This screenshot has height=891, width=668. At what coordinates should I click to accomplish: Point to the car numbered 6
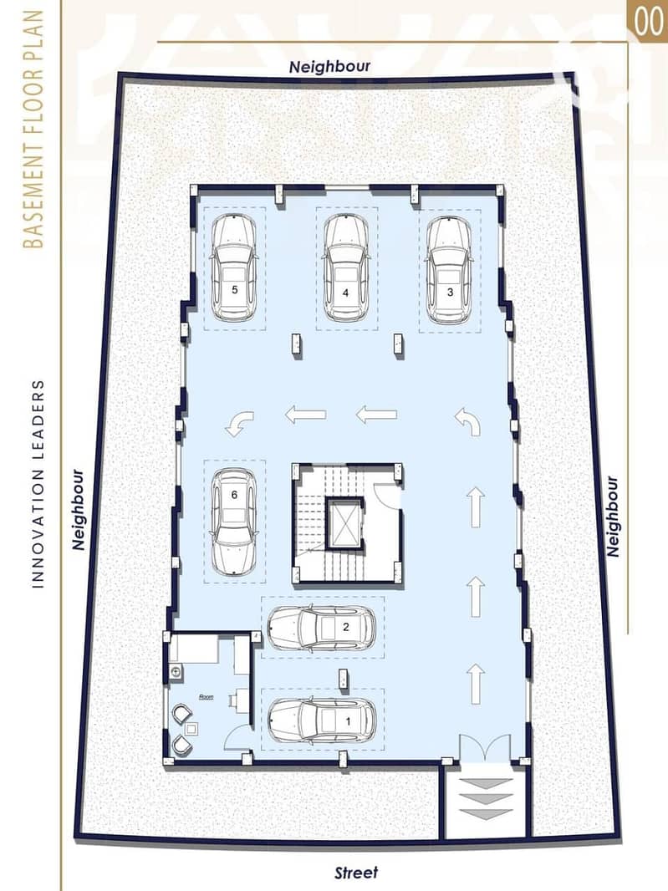(x=233, y=521)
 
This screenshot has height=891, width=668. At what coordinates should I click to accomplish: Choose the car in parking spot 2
(x=321, y=628)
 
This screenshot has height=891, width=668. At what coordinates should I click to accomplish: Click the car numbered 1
(x=321, y=720)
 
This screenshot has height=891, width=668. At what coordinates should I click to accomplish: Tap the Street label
(x=356, y=873)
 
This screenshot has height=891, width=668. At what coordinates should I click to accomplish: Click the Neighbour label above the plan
(x=329, y=67)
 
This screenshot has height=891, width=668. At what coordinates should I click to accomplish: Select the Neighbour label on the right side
(x=612, y=517)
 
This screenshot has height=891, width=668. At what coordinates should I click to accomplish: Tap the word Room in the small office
(x=206, y=696)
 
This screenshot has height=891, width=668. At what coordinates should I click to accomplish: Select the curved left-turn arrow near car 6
(x=239, y=424)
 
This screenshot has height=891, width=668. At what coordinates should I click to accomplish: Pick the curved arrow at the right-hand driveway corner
(x=468, y=421)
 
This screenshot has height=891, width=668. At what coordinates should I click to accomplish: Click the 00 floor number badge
(x=648, y=21)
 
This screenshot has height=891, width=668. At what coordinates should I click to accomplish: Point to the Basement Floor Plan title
(x=33, y=130)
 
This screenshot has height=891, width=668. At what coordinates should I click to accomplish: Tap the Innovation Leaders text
(x=37, y=484)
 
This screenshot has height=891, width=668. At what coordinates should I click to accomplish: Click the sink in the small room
(x=176, y=672)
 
